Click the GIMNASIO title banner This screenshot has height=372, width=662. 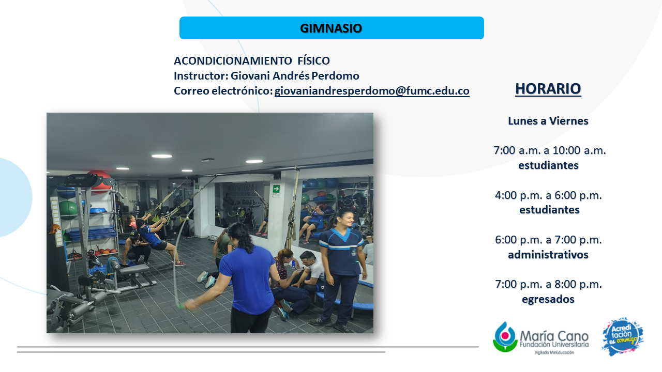pos(332,28)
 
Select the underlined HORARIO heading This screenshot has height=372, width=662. pos(548,89)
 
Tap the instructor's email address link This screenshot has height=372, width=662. pos(372,91)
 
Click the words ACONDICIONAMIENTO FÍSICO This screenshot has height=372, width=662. pos(252,61)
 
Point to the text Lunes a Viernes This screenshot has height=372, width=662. pos(548,121)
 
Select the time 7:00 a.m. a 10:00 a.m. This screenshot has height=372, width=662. pos(550,150)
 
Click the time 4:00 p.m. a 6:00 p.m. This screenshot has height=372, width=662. pos(549,195)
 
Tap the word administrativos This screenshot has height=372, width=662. pos(548,255)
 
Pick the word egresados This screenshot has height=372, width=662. pos(548,299)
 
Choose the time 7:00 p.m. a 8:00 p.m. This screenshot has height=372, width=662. pos(549,284)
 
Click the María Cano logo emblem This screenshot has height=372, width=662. pos(505,337)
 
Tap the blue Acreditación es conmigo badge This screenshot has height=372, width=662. pos(623,336)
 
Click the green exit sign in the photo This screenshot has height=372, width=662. pos(276,189)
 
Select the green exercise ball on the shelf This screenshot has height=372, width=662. pos(68,210)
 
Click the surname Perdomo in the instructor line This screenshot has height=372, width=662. pos(336,76)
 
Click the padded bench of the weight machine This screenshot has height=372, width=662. pos(134,269)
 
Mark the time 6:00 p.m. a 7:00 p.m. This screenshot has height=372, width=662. pos(549,240)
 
